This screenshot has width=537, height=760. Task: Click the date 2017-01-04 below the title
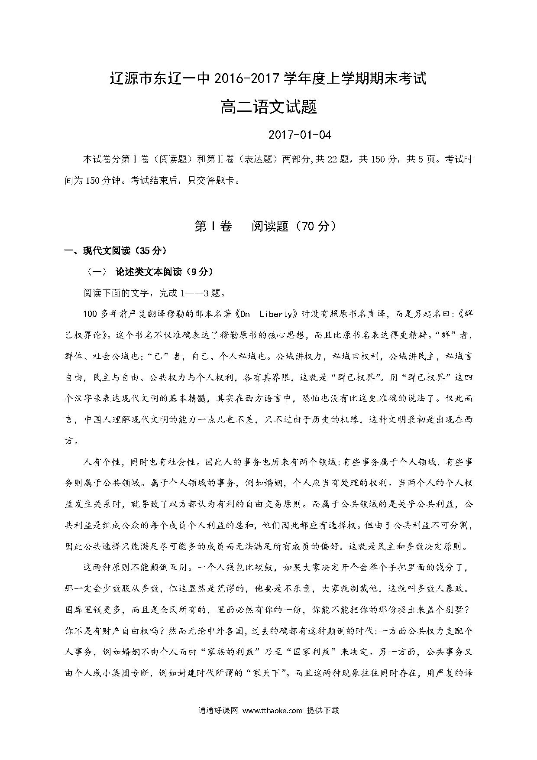pyautogui.click(x=300, y=135)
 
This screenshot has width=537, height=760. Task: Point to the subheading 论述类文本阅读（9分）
pyautogui.click(x=165, y=272)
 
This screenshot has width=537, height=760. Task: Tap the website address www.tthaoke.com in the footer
pyautogui.click(x=272, y=710)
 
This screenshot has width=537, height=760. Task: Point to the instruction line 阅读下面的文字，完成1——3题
pyautogui.click(x=155, y=293)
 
